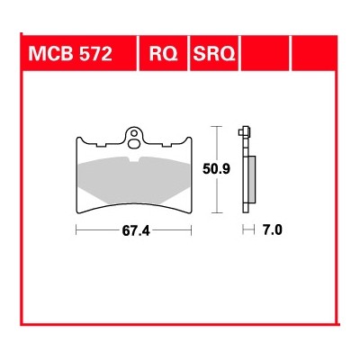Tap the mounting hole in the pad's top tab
pos(134,138)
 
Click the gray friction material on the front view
pos(134,181)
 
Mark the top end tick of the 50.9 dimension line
pos(217,125)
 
